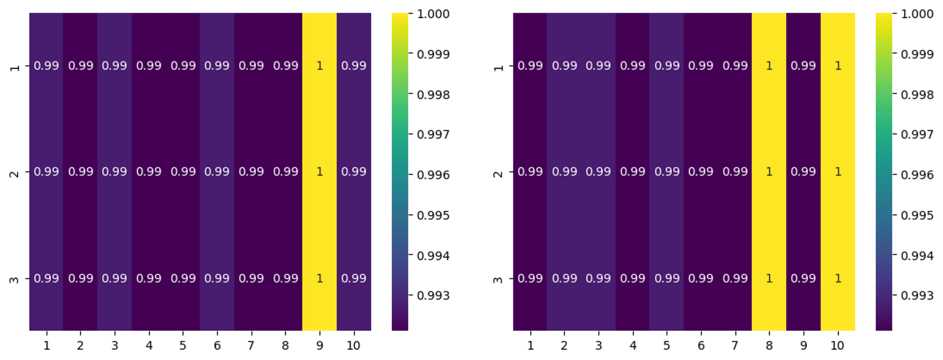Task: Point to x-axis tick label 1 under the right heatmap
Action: [530, 345]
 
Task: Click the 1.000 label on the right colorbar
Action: [917, 14]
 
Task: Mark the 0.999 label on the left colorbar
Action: [433, 54]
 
